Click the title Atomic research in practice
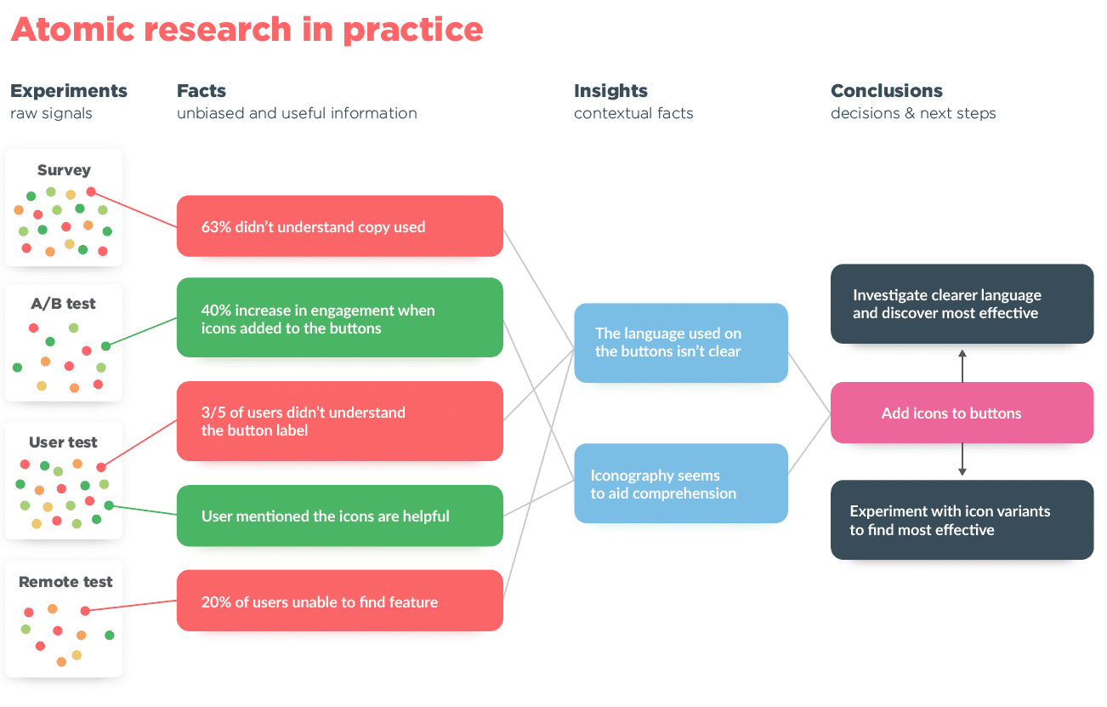247,30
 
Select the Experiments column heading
68,91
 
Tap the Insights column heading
610,91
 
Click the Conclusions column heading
886,91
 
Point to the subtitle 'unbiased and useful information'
297,113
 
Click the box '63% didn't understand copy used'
339,226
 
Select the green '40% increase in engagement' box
339,317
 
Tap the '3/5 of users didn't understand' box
339,421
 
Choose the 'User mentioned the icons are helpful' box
339,516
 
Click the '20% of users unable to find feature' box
339,601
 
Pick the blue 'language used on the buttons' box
680,343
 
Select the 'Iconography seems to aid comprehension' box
680,483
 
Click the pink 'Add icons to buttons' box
962,413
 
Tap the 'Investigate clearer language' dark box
962,304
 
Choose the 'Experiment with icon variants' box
962,520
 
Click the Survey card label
64,170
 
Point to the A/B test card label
64,304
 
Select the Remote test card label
65,582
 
